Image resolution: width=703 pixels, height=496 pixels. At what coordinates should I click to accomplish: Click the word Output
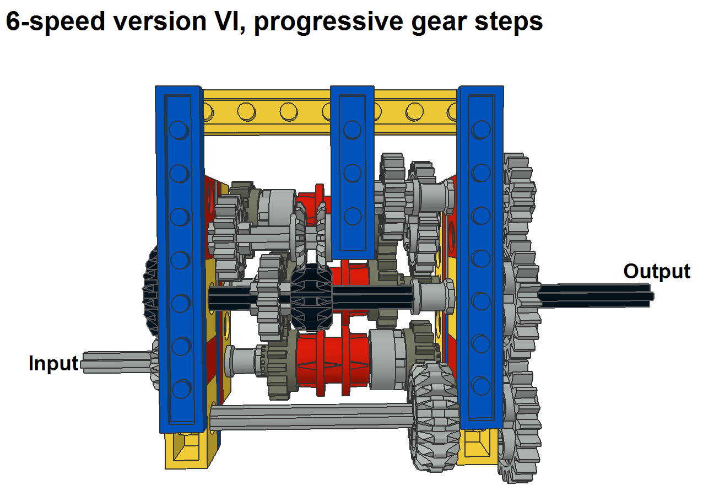coord(656,271)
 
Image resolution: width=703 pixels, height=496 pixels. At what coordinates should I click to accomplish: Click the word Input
coord(53,364)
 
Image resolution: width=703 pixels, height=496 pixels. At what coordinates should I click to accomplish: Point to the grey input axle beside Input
coord(116,363)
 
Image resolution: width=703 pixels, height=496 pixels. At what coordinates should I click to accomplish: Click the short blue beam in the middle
coord(352,171)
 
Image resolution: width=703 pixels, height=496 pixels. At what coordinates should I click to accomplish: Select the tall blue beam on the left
coord(179,259)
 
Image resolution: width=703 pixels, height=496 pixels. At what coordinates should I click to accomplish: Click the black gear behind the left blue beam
coord(151,292)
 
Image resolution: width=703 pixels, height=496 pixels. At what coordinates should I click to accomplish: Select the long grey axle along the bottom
coord(309,417)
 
